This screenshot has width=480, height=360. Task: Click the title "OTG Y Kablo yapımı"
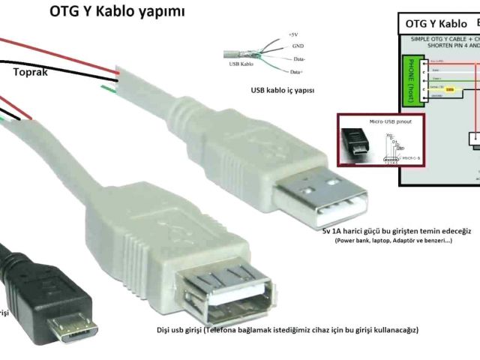[117, 12]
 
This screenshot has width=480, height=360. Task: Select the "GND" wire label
[298, 46]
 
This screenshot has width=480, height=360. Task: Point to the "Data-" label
[299, 58]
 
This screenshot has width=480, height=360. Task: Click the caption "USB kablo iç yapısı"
[283, 91]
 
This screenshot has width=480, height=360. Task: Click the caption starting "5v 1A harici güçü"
[396, 232]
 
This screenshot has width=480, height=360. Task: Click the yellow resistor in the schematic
[451, 89]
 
